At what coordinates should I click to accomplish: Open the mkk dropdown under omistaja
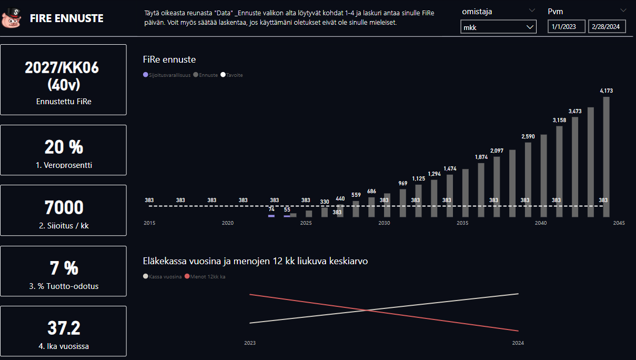click(498, 27)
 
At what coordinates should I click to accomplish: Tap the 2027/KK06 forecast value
click(62, 68)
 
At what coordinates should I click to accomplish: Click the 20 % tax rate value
click(63, 147)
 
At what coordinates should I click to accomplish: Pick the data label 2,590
click(528, 137)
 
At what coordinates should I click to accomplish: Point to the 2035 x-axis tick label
click(462, 223)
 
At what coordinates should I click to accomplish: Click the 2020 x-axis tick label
click(228, 223)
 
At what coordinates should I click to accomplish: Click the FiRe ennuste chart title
click(169, 59)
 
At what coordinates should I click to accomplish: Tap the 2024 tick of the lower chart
click(518, 343)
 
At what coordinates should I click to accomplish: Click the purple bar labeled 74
click(271, 216)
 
